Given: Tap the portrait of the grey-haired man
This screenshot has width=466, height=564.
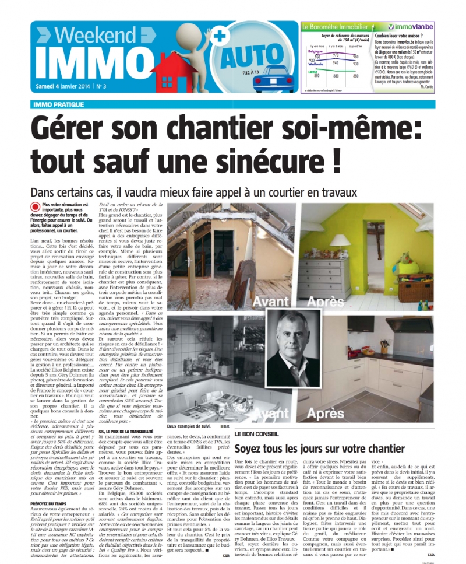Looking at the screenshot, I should pyautogui.click(x=306, y=348).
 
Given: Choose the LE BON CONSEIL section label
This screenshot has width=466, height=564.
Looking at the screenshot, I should pyautogui.click(x=255, y=435).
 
